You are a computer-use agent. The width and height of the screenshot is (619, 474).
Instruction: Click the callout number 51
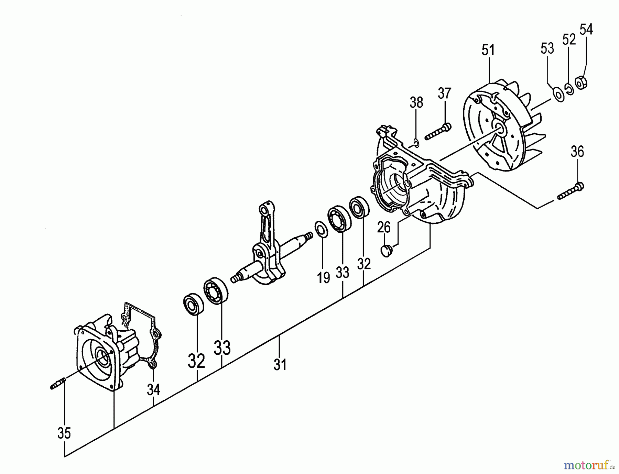click(x=488, y=50)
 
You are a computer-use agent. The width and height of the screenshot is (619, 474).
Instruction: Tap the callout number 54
click(x=586, y=30)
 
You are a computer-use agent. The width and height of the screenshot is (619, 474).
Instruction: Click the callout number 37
click(x=444, y=93)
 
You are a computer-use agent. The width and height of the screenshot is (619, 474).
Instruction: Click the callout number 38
click(x=416, y=102)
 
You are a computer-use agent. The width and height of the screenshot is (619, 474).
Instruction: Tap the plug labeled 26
click(x=387, y=250)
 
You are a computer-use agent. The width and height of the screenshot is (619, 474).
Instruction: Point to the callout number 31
click(x=280, y=364)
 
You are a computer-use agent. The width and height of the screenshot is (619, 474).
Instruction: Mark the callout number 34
click(x=153, y=389)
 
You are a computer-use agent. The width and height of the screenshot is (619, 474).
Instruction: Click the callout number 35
click(x=64, y=433)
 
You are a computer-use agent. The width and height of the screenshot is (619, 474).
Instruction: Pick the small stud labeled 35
click(x=58, y=384)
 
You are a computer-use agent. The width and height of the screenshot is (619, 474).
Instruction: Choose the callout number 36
click(x=577, y=152)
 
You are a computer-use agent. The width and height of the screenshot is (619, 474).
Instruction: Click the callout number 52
click(x=569, y=40)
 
